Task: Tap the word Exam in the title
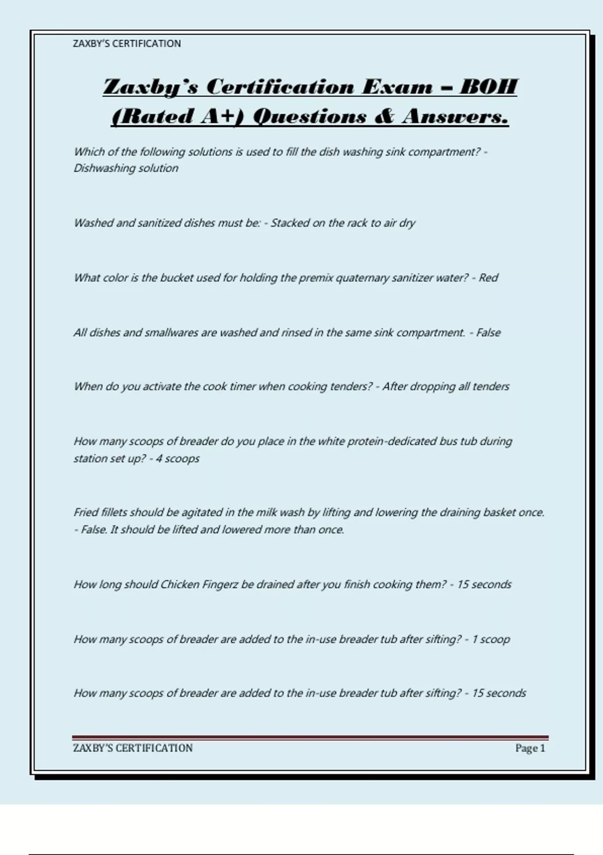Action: pos(397,87)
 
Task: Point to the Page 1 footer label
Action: pos(530,748)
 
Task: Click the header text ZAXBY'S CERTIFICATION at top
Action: pos(127,44)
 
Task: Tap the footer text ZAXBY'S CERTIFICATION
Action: pos(133,748)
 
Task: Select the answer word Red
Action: pos(488,278)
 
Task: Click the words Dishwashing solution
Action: pos(126,168)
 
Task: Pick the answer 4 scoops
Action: pos(177,459)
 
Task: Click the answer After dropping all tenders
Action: pos(446,386)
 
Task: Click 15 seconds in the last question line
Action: pos(498,693)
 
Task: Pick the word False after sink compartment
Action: pos(488,332)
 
